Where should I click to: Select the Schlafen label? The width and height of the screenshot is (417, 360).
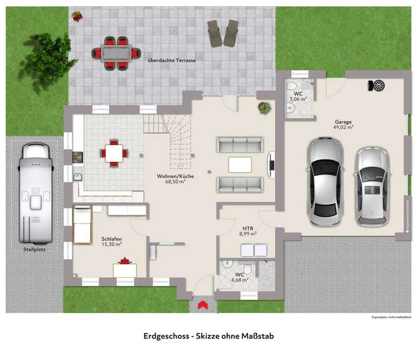click(112, 239)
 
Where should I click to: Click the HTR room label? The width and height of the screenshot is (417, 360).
click(248, 227)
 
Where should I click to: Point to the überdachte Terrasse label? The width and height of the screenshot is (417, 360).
click(171, 60)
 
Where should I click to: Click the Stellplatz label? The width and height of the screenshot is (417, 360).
click(36, 250)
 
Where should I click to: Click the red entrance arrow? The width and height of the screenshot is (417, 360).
click(203, 305)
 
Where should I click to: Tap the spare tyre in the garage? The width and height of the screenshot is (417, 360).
click(379, 86)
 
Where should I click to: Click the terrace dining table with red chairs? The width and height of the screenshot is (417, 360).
click(118, 52)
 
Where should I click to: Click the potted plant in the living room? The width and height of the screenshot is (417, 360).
click(264, 107)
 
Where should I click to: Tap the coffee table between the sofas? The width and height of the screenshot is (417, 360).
click(240, 165)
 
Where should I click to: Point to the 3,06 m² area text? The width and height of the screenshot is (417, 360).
click(298, 99)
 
